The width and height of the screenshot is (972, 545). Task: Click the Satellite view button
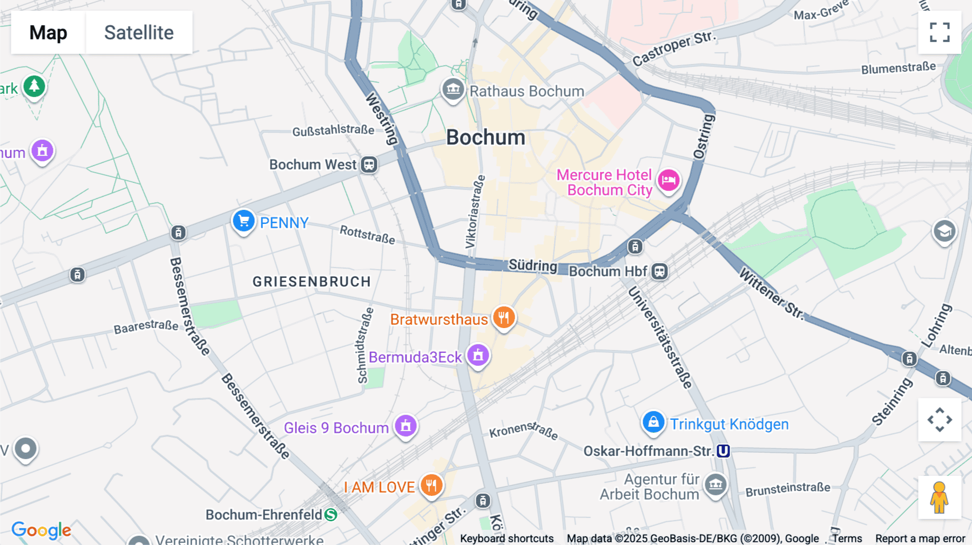(139, 32)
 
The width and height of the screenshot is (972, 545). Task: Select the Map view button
(48, 32)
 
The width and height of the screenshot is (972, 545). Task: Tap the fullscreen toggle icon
(940, 32)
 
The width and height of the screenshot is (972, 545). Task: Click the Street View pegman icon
(939, 497)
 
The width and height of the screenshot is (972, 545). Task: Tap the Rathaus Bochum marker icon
(453, 90)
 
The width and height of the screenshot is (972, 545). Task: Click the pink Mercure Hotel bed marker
(669, 180)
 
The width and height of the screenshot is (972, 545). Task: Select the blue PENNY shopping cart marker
(244, 221)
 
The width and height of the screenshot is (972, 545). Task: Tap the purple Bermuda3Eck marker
(478, 356)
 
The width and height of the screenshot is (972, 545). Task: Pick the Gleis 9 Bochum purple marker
(406, 426)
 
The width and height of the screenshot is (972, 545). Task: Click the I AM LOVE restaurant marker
(431, 486)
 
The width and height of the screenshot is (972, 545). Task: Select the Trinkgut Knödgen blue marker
(653, 422)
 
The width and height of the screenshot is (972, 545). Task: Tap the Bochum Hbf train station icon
(659, 271)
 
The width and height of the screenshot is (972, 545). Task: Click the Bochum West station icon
(369, 165)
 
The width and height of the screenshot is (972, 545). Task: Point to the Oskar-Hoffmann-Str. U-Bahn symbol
(723, 451)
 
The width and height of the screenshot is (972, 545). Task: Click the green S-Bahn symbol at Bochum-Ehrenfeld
(330, 515)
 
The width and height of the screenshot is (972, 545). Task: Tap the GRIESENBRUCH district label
(312, 282)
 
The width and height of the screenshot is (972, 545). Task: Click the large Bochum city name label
(485, 138)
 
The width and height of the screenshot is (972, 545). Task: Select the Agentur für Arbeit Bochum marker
(716, 485)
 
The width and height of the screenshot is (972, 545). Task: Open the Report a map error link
(920, 539)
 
